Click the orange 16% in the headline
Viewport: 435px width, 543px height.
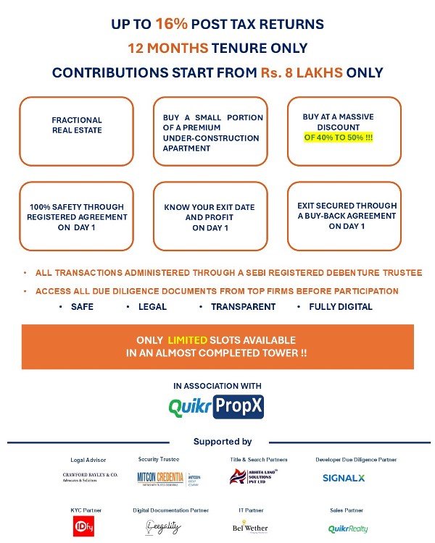pos(172,25)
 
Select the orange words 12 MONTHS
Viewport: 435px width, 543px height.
pos(167,49)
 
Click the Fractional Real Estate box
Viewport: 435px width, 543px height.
pos(77,131)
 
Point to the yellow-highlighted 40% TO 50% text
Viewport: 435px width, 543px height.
pos(339,137)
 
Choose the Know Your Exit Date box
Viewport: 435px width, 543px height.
pos(210,217)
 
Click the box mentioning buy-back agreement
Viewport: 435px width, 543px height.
pos(347,216)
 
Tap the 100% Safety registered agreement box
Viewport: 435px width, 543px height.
pos(77,217)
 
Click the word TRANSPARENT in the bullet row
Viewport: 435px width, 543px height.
pos(243,306)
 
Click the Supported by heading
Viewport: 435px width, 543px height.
pos(223,442)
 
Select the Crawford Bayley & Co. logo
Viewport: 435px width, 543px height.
pos(90,477)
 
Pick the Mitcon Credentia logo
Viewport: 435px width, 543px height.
pos(168,479)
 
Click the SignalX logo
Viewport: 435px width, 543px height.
pos(344,478)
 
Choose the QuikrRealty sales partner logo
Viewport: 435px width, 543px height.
pos(348,529)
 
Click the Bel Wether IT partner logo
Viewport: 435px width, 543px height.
pos(249,528)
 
